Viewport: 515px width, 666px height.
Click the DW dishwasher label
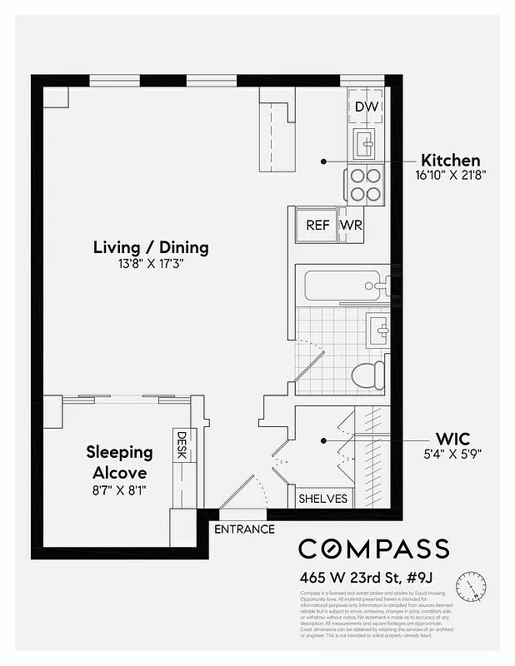point(366,107)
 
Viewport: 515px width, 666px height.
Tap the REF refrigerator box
point(317,225)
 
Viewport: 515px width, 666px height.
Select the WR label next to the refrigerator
point(352,225)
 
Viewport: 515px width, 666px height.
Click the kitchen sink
point(366,144)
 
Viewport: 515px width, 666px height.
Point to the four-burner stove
point(365,185)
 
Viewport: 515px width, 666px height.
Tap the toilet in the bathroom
point(367,375)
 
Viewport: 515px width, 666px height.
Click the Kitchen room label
point(450,160)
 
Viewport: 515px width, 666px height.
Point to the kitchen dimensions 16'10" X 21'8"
point(450,176)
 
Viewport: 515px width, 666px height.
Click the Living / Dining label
point(151,247)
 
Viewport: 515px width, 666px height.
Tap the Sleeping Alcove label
point(120,463)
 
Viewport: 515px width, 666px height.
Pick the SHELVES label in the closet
point(324,499)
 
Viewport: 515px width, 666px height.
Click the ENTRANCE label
point(244,529)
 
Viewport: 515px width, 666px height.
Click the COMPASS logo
point(373,549)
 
